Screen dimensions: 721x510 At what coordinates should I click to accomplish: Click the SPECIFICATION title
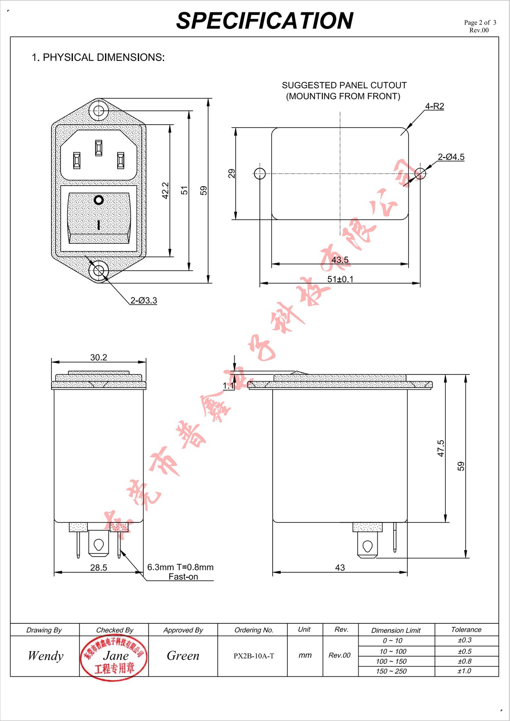coord(264,21)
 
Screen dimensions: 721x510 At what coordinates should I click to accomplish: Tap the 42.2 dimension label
coord(165,190)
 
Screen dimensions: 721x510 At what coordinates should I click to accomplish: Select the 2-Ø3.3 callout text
coord(143,300)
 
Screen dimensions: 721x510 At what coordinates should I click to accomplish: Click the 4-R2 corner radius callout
coord(435,106)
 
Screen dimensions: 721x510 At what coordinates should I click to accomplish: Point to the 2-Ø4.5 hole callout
coord(451,157)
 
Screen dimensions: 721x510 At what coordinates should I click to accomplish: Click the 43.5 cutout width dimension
coord(340,260)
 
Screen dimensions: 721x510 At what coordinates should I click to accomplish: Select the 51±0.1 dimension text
coord(340,279)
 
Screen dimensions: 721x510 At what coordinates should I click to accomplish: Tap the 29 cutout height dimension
coord(231,173)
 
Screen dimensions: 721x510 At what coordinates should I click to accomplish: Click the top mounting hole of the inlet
coord(99,111)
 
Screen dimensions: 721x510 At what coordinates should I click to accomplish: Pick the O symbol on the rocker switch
coord(99,200)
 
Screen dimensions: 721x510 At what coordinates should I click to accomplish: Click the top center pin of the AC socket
coord(99,148)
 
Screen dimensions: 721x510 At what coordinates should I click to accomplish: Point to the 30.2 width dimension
coord(99,357)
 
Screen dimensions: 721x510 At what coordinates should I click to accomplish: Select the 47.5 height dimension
coord(441,448)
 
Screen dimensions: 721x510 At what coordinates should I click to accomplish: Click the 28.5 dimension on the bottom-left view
coord(99,567)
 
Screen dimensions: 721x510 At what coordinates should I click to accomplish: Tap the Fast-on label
coord(183,576)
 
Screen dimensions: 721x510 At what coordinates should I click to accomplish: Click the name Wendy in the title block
coord(45,656)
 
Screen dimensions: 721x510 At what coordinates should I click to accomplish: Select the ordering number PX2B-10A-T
coord(254,656)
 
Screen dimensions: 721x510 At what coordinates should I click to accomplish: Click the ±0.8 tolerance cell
coord(465,661)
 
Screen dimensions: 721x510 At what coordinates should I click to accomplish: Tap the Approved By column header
coord(183,630)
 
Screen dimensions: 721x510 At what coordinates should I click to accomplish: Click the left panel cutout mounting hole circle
coord(260,173)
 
